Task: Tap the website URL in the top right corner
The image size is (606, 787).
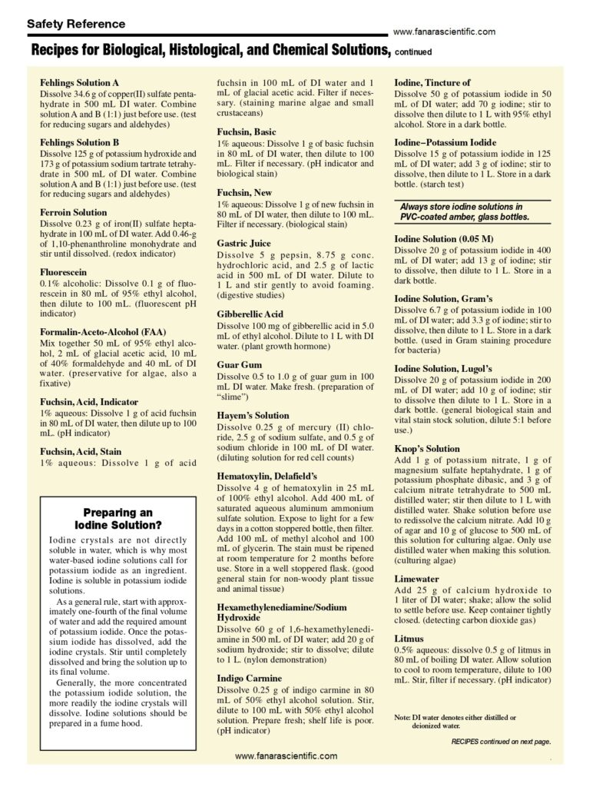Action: click(443, 32)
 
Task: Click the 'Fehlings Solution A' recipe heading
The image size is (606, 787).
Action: click(79, 81)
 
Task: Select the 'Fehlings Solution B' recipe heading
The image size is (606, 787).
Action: click(79, 142)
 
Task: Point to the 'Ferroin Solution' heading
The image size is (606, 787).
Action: click(74, 212)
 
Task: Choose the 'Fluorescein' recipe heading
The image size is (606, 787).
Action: click(63, 272)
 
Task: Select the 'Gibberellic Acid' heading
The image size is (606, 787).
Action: click(250, 314)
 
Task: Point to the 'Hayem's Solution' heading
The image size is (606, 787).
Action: click(253, 415)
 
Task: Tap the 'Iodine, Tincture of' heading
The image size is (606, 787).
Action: click(432, 82)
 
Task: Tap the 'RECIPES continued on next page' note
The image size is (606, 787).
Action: click(501, 742)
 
